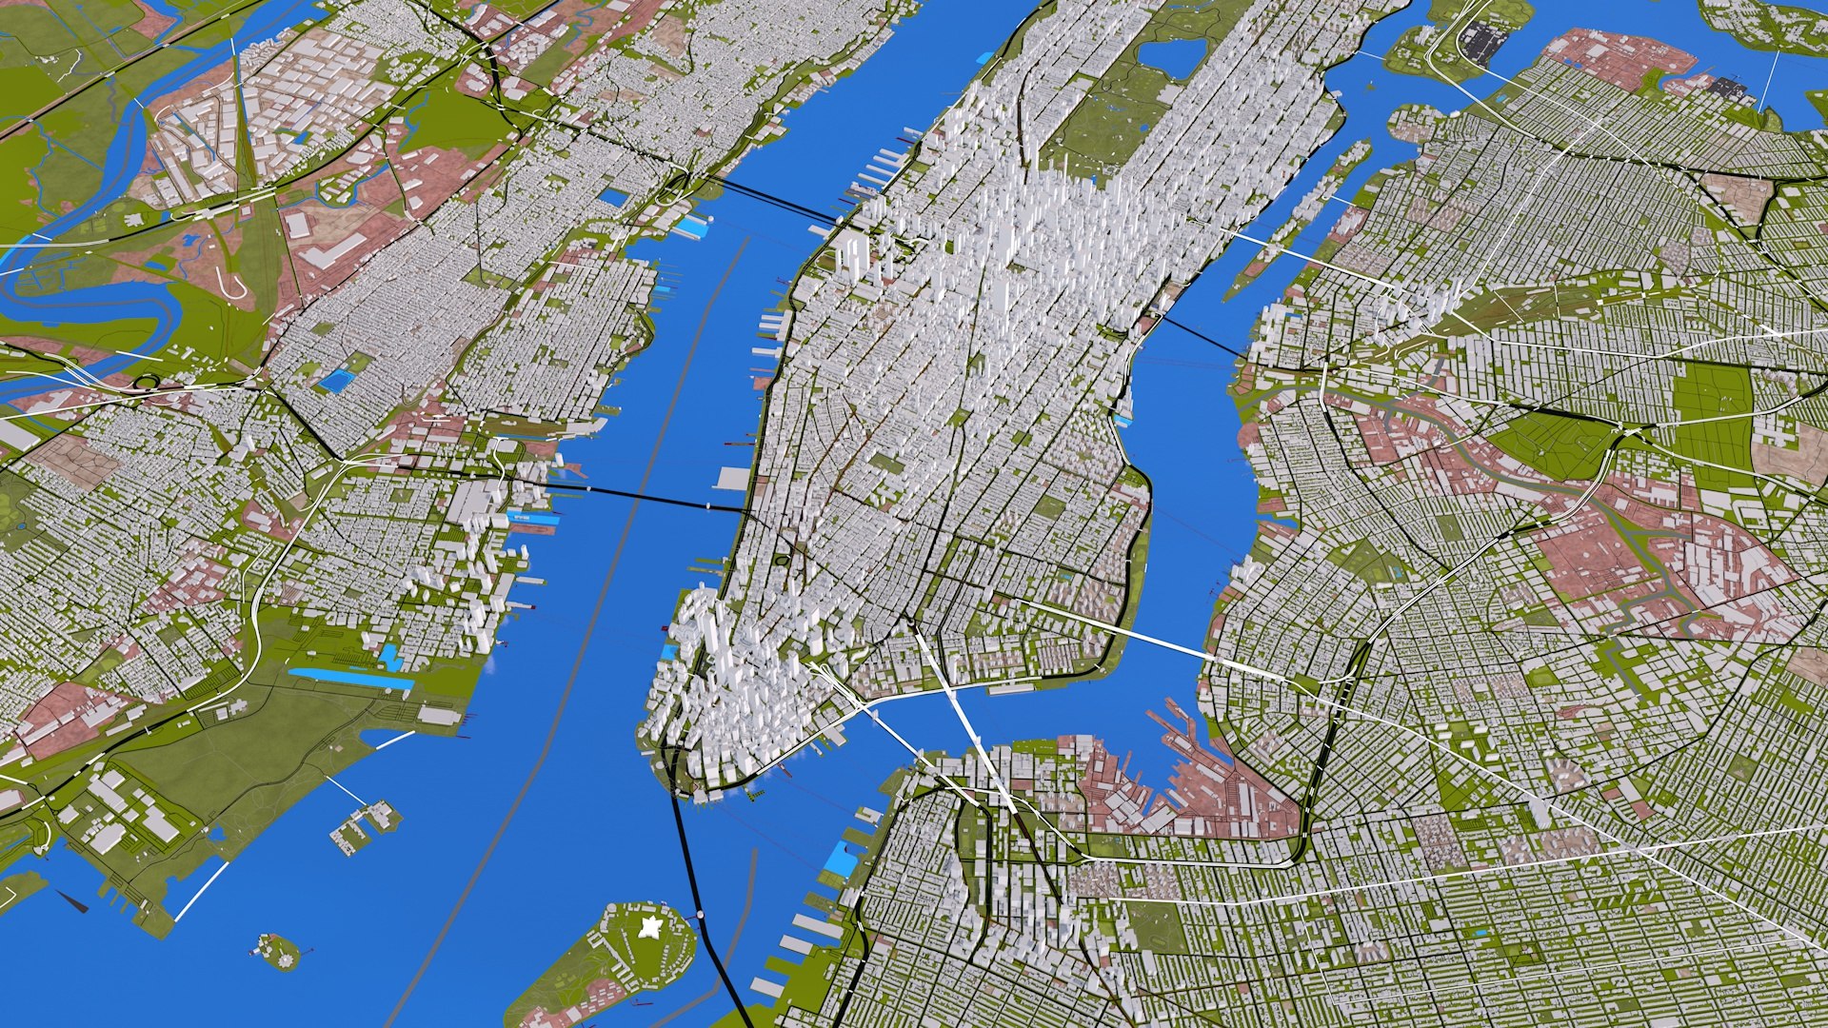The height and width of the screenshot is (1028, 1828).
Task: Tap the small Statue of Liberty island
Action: [276, 951]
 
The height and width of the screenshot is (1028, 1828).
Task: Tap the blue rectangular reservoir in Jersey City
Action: [336, 381]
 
